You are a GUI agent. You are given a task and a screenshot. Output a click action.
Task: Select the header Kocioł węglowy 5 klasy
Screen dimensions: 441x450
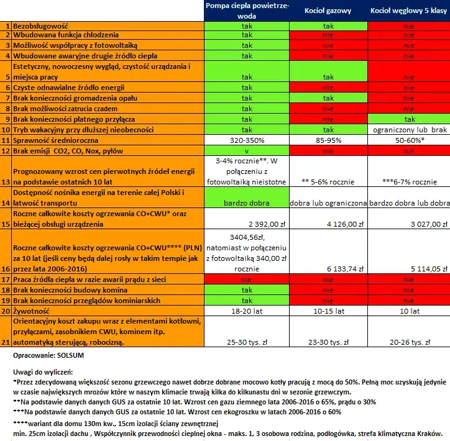pos(409,11)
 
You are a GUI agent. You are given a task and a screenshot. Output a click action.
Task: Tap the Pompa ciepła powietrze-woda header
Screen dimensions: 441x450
pos(246,11)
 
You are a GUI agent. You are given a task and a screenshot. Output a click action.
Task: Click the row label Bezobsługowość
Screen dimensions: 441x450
pos(40,27)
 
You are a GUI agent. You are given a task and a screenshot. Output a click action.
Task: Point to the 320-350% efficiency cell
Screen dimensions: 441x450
pos(247,140)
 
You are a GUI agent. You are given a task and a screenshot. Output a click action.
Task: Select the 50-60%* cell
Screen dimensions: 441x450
pos(409,140)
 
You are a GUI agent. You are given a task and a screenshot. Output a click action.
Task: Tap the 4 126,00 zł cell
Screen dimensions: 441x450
pos(341,223)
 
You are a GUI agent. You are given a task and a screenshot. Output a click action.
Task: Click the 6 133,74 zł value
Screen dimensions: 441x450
pos(341,268)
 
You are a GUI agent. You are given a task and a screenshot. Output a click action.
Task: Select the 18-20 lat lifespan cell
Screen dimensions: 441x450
pos(247,310)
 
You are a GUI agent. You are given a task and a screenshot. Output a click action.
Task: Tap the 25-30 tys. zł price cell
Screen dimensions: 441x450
pos(247,342)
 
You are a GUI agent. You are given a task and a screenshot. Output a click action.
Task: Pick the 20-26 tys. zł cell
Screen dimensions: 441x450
pos(409,342)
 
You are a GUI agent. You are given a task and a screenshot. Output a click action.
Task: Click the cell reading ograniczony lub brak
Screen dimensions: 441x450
pos(409,130)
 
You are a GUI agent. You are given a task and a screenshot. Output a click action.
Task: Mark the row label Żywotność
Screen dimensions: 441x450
pos(31,310)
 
